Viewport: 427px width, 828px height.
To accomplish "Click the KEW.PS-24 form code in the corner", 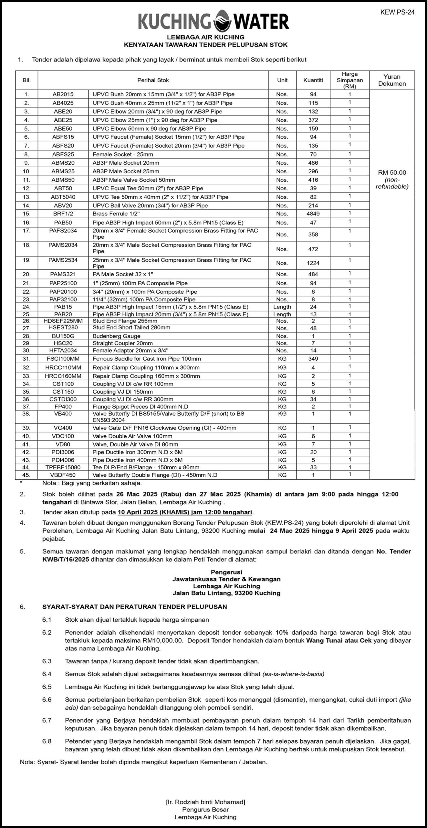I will click(397, 12).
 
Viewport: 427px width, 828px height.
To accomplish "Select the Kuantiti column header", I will click(313, 80).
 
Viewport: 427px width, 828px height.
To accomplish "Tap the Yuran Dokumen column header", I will click(392, 80).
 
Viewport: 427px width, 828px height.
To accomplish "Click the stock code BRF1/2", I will click(63, 214).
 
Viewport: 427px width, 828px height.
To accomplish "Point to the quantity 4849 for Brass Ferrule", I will click(313, 214).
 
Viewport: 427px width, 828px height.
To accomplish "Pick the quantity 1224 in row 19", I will click(313, 263).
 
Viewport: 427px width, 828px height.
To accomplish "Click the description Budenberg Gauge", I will click(116, 336).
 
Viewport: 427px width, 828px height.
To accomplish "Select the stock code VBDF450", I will click(63, 475).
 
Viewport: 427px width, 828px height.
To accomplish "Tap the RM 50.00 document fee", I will click(392, 173).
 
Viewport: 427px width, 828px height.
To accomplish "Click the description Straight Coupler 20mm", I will click(122, 343).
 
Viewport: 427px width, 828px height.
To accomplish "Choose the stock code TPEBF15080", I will click(63, 467).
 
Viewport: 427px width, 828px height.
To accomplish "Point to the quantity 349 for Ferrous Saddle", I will click(313, 359).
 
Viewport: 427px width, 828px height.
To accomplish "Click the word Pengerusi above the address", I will click(226, 572).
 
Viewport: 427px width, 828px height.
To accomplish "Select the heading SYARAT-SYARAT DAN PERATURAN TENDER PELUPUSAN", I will click(135, 607).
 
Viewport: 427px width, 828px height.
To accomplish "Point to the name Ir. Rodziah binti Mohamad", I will click(205, 802).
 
